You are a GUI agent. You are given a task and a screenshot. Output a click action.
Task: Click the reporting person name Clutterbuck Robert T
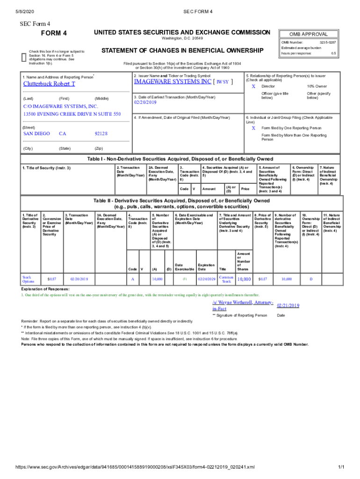(x=49, y=84)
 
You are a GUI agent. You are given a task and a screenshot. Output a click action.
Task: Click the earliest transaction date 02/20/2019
(x=147, y=102)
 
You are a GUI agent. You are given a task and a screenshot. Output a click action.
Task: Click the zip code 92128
(x=101, y=134)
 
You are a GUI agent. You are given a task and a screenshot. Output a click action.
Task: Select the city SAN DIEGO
(x=36, y=134)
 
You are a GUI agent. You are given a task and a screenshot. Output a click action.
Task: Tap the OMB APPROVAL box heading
(x=308, y=34)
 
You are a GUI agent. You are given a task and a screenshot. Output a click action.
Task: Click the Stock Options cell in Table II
(x=28, y=279)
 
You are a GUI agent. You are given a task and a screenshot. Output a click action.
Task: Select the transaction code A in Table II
(x=132, y=279)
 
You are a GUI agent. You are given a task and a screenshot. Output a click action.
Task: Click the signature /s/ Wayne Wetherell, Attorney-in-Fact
(x=242, y=305)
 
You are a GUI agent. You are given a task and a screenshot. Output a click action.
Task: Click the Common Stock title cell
(x=226, y=279)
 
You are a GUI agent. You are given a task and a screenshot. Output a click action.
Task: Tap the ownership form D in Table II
(x=311, y=279)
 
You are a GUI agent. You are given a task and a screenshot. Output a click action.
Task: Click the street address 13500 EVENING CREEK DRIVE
(x=72, y=114)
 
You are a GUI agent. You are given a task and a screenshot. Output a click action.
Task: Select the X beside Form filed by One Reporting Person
(x=253, y=128)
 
